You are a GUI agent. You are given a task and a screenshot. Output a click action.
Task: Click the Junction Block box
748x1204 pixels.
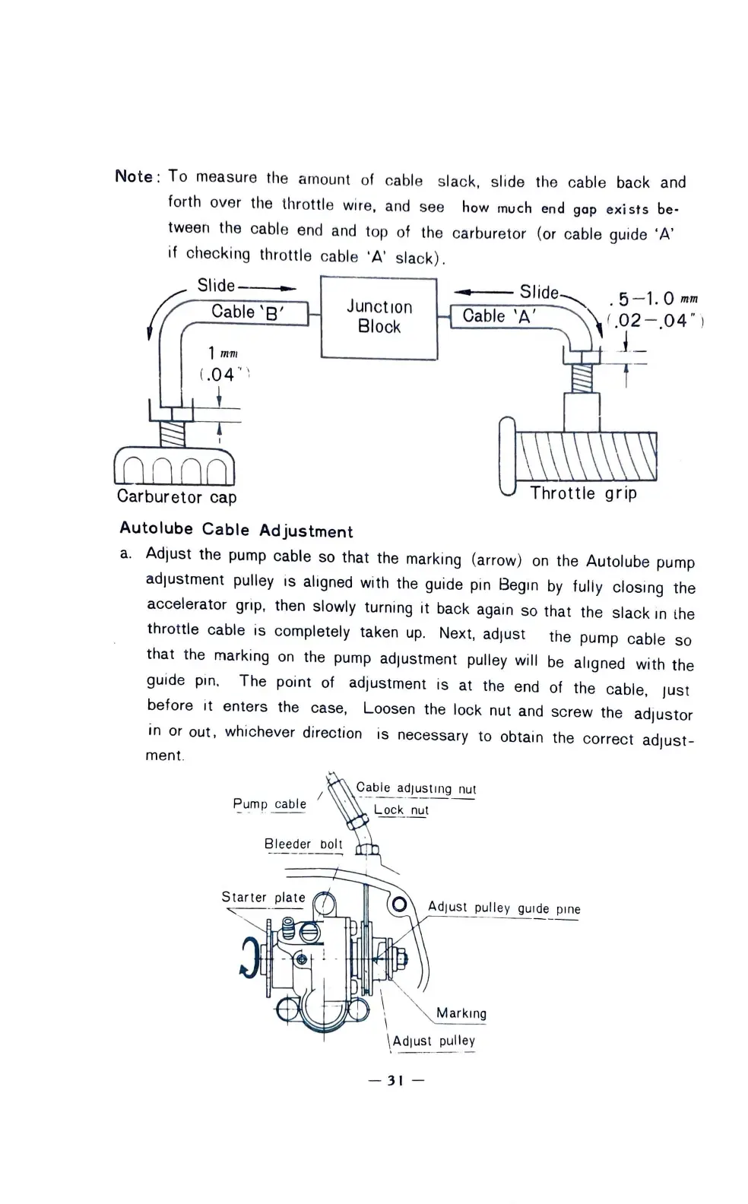tap(379, 317)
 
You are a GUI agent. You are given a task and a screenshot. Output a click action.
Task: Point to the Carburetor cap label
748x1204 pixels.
tap(176, 497)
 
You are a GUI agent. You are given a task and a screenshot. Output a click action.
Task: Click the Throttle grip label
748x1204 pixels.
tap(583, 493)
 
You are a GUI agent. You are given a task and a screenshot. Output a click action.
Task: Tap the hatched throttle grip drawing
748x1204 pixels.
tap(587, 456)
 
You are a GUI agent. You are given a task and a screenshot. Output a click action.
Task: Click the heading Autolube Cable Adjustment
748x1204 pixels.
tap(236, 530)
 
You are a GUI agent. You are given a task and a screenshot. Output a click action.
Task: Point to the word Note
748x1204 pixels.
tap(134, 176)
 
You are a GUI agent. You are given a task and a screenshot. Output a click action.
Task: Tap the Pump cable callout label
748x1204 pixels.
tap(269, 804)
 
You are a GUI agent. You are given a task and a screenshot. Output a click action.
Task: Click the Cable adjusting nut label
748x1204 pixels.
tap(416, 788)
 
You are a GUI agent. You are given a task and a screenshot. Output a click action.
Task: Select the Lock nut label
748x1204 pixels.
tap(401, 810)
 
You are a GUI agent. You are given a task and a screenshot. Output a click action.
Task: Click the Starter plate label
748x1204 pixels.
tap(263, 898)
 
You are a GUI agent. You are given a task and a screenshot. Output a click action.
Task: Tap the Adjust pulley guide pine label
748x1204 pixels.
tap(503, 908)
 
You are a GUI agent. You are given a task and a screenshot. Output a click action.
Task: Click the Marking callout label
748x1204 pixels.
tap(461, 1013)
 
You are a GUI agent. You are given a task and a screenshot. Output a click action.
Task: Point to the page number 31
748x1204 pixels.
tap(395, 1080)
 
